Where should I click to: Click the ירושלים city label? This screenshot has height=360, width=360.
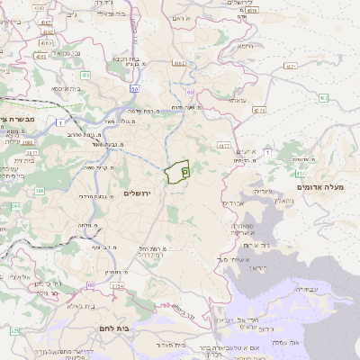tap(140, 193)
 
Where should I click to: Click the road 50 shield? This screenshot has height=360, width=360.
tap(134, 90)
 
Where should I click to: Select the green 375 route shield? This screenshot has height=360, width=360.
tap(15, 331)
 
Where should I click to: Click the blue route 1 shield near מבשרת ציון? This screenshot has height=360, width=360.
tap(60, 121)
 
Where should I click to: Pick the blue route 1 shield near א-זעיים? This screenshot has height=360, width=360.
tap(267, 152)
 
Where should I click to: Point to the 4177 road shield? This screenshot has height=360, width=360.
tap(224, 143)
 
